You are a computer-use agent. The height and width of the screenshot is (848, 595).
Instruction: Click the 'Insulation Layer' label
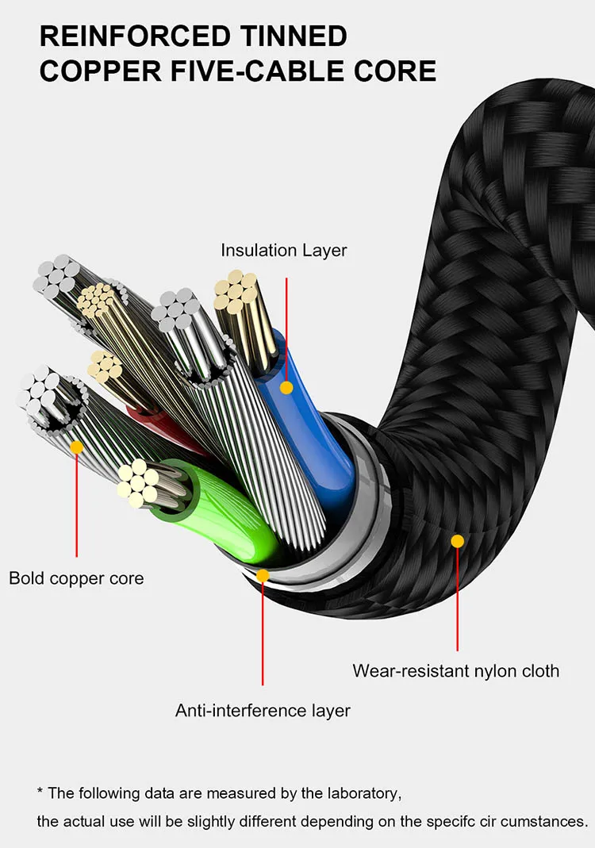point(283,251)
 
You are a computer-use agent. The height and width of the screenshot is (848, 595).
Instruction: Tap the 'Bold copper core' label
point(76,577)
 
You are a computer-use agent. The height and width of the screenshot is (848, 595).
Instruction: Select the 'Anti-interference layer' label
point(263,709)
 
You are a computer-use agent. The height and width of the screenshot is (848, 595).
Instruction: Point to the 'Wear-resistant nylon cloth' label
point(455,670)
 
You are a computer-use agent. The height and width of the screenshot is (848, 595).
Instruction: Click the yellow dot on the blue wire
point(286,388)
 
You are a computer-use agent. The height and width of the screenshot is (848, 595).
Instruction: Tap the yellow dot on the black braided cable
point(457,541)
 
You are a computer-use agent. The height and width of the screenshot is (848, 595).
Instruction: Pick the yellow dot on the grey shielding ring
point(263,574)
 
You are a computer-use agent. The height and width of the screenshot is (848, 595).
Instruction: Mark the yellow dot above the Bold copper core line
point(76,447)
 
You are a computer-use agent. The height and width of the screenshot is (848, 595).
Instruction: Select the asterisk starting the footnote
point(40,792)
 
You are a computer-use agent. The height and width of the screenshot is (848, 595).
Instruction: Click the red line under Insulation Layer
point(286,317)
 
